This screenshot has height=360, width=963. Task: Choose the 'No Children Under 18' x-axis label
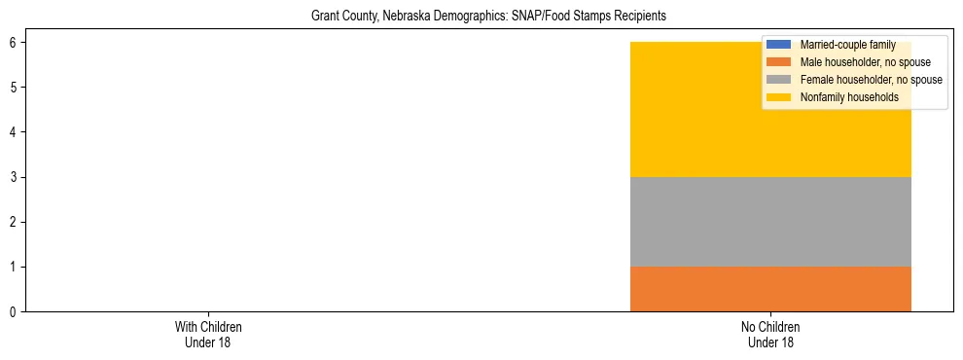(770, 334)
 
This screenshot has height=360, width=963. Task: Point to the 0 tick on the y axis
(14, 311)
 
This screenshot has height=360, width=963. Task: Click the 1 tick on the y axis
(14, 267)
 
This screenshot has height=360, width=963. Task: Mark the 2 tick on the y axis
(14, 222)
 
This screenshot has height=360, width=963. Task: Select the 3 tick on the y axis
(14, 177)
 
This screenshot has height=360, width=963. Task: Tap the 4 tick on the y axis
(14, 132)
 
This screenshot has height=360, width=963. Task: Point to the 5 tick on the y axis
(14, 88)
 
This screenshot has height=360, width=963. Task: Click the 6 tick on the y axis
(14, 42)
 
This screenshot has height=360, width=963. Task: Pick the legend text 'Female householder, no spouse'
(871, 80)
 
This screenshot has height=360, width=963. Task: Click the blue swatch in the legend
(779, 45)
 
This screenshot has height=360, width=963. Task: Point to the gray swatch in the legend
(779, 80)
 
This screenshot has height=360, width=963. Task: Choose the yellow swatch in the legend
(779, 97)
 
